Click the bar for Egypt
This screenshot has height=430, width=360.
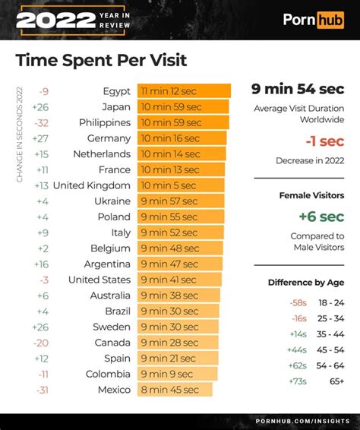click(184, 91)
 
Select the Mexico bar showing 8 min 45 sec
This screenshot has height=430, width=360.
click(175, 390)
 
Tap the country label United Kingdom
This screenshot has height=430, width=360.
click(92, 185)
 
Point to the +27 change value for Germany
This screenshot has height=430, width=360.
click(41, 138)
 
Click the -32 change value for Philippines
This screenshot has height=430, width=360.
click(41, 122)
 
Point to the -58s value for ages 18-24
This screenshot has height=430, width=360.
click(298, 302)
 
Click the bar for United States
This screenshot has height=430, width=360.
click(179, 280)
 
